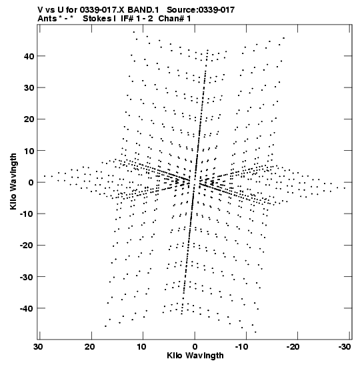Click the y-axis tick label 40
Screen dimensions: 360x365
coord(29,56)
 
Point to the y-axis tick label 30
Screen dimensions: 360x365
coord(29,88)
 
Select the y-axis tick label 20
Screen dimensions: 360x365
coord(29,119)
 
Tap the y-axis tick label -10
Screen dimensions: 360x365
coord(27,214)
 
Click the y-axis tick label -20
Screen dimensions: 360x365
coord(27,245)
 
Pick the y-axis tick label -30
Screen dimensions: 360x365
coord(27,277)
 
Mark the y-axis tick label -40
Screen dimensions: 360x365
coord(27,308)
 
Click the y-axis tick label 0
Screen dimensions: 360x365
coord(31,182)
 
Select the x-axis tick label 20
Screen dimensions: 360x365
coord(90,347)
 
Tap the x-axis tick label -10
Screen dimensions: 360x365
coord(243,347)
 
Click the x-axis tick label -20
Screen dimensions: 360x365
coord(294,347)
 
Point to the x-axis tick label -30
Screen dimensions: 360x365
coord(345,347)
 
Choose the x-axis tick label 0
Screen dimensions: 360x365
coord(195,347)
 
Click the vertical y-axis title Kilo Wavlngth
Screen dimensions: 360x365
coord(13,181)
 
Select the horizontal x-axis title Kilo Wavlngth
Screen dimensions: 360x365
coord(195,356)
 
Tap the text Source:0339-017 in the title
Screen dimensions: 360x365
coord(201,10)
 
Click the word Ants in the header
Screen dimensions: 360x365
coord(47,19)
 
